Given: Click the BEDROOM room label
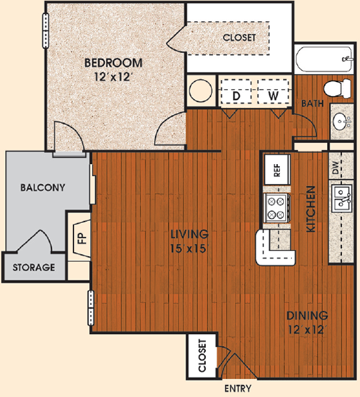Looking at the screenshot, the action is [113, 63].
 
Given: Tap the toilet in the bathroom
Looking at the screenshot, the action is [337, 87].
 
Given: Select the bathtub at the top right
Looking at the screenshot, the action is [324, 60].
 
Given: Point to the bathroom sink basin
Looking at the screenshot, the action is [340, 121].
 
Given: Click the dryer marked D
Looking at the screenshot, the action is [236, 91].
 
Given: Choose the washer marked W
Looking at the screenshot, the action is [273, 91].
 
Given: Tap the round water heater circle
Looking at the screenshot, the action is [201, 91].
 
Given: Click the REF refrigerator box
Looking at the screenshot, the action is [277, 169].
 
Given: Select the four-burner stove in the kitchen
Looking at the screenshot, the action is [276, 208].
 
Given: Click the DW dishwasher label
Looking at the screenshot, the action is [336, 167].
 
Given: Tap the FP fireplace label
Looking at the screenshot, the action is [82, 238].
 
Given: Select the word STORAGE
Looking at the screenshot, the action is [34, 267].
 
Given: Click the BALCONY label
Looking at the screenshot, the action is [43, 188].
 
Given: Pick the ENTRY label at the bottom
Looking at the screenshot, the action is [238, 388].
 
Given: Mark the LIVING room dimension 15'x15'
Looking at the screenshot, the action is [189, 249].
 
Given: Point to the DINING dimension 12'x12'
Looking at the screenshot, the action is [307, 330].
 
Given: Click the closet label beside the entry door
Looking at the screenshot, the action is [202, 356].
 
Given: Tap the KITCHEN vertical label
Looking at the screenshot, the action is [311, 209].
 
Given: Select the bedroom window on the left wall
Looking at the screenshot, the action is [46, 30].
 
